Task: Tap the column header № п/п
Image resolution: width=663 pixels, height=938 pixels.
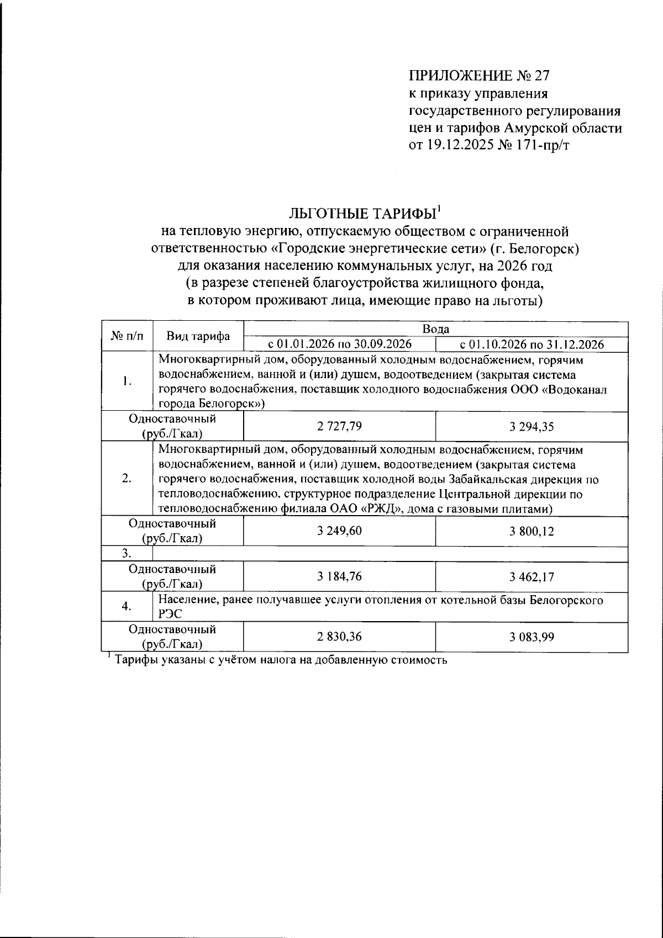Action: point(127,336)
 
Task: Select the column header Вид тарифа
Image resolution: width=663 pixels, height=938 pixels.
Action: point(198,336)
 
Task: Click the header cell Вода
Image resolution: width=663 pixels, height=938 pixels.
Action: point(435,329)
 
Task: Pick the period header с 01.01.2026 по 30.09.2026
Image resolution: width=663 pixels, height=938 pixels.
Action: point(339,345)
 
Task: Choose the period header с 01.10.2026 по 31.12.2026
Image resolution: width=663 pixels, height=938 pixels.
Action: point(532,345)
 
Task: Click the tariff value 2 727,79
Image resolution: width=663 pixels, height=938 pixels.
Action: point(339,426)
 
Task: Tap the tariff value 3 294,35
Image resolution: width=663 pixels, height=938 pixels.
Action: point(532,426)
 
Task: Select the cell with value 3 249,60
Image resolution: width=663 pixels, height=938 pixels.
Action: point(339,531)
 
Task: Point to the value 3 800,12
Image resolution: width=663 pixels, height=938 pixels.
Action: point(532,531)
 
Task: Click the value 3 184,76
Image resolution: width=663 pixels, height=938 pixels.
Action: point(339,577)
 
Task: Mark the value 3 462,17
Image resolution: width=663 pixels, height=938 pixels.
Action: point(532,577)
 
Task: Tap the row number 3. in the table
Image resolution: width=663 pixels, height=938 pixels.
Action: point(127,554)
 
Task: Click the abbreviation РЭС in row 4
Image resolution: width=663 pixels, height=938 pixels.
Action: point(170,613)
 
